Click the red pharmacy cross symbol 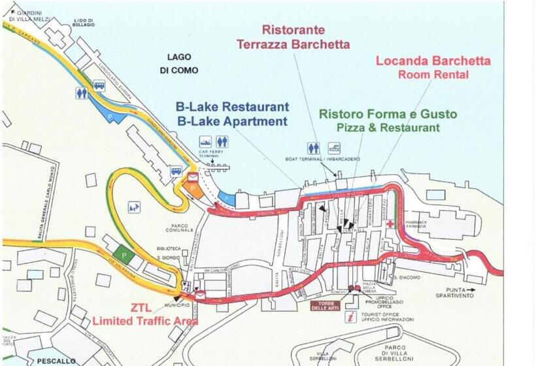(x=390, y=224)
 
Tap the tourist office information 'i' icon (x=352, y=317)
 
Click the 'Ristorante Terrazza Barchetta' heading (x=293, y=37)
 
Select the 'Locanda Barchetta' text (x=433, y=61)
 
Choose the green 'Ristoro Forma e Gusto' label (x=388, y=114)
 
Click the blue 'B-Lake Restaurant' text (x=232, y=107)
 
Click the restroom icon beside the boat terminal (x=313, y=148)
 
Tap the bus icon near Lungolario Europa (x=99, y=86)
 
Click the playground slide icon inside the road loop (x=134, y=207)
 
